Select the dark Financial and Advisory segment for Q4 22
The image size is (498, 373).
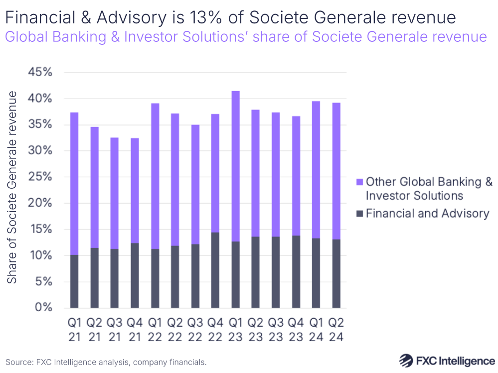tap(215, 270)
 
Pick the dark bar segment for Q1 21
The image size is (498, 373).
tap(74, 281)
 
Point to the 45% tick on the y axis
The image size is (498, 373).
tap(39, 72)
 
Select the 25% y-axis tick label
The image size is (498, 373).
tap(39, 177)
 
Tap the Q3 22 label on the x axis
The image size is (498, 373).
tap(195, 330)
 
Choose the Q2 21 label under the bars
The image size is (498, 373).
tap(94, 330)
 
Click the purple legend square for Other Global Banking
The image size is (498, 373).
tap(359, 182)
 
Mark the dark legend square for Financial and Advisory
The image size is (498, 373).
tap(359, 214)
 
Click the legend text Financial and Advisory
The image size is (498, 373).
tap(428, 214)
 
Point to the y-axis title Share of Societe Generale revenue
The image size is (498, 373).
tap(12, 187)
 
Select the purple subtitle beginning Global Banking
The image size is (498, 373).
tap(246, 36)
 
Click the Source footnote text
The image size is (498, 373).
tap(106, 362)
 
